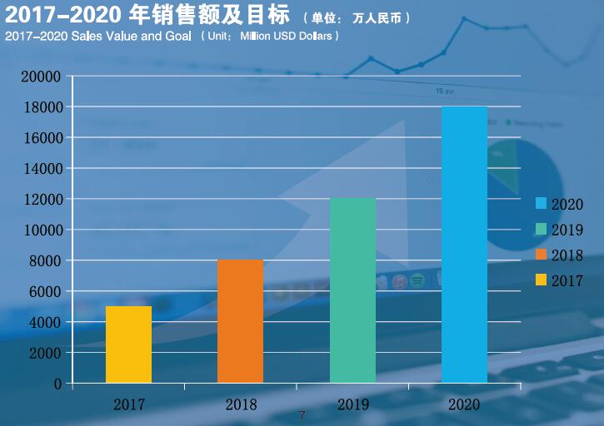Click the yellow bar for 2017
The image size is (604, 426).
click(129, 344)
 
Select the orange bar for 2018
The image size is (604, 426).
click(240, 321)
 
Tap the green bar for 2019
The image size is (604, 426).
click(352, 290)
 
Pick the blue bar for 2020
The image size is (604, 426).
click(464, 245)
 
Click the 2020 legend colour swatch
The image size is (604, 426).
click(541, 204)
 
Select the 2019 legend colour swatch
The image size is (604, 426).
click(541, 229)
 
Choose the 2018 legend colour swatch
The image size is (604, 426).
click(541, 255)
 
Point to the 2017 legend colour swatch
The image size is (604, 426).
click(541, 280)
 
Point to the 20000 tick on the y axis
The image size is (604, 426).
click(42, 77)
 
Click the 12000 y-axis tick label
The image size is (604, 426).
click(42, 200)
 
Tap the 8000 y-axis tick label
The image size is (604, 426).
click(45, 261)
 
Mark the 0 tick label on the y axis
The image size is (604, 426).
click(57, 384)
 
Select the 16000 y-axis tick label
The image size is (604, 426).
click(42, 138)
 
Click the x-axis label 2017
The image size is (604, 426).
click(129, 405)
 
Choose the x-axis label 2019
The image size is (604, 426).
click(353, 405)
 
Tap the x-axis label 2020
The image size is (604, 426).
click(464, 405)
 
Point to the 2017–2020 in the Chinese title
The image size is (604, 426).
click(53, 15)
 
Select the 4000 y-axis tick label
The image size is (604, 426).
click(45, 323)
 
